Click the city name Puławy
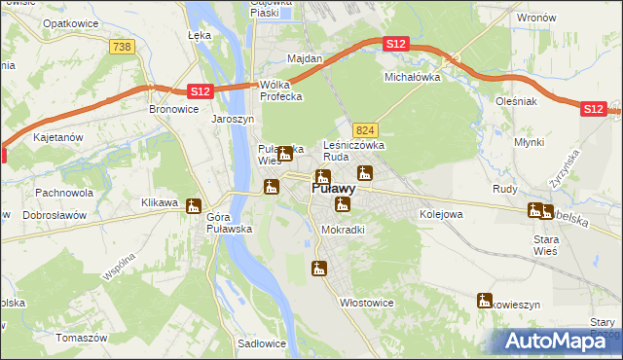pyautogui.click(x=332, y=190)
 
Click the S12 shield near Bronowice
pyautogui.click(x=199, y=90)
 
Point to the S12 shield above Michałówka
pyautogui.click(x=395, y=45)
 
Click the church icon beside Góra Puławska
pyautogui.click(x=195, y=206)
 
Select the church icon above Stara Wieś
pyautogui.click(x=534, y=209)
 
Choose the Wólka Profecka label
pyautogui.click(x=280, y=90)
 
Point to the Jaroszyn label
pyautogui.click(x=233, y=119)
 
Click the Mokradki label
pyautogui.click(x=343, y=230)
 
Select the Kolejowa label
pyautogui.click(x=440, y=213)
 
